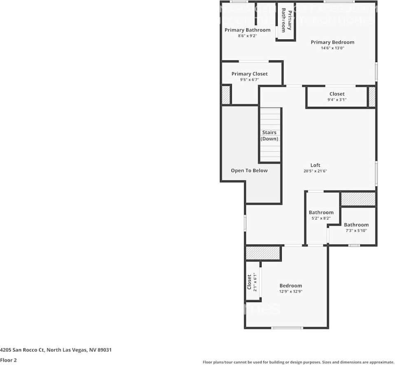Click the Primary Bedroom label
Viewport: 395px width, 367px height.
[x=332, y=42]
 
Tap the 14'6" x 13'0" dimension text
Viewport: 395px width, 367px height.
[x=332, y=48]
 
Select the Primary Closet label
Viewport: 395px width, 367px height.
[x=249, y=74]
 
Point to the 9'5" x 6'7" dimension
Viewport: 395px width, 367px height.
[x=249, y=80]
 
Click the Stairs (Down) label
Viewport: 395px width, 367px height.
[x=269, y=136]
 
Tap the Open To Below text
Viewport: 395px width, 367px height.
[x=249, y=171]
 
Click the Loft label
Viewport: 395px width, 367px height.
[x=315, y=165]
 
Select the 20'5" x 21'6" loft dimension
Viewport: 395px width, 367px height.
[x=315, y=171]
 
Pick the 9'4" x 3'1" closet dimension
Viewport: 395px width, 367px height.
[x=337, y=100]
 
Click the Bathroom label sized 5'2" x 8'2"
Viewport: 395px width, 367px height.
[x=321, y=212]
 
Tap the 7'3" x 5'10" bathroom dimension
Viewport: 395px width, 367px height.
[x=356, y=231]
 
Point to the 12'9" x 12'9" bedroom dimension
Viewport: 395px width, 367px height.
[x=290, y=292]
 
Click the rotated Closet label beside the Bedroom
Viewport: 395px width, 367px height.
[x=249, y=282]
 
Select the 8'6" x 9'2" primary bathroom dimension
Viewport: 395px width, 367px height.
[x=247, y=36]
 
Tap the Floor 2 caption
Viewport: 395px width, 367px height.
[x=8, y=360]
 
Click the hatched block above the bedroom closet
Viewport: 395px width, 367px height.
[x=263, y=253]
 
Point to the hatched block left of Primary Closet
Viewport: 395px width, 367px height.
[x=226, y=95]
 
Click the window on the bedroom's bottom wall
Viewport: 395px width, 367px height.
[x=287, y=328]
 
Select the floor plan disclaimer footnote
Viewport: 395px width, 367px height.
[x=298, y=362]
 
